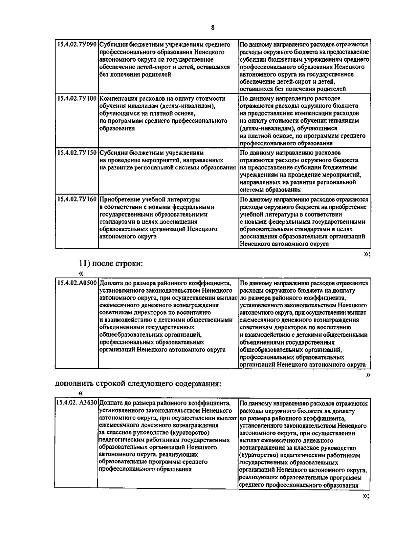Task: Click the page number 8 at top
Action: [x=213, y=28]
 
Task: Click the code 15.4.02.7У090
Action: [x=77, y=45]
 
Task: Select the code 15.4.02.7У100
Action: [x=77, y=99]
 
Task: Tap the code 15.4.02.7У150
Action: [x=77, y=153]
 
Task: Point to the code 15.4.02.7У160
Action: [x=77, y=199]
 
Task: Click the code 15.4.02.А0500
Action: [x=77, y=283]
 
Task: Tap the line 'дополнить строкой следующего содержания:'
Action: [x=138, y=384]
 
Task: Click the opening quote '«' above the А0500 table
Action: [x=81, y=274]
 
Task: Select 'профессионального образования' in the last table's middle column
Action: [x=145, y=469]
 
